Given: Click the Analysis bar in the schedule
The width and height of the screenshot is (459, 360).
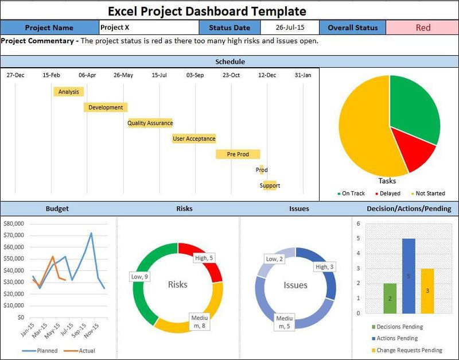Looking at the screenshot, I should click(68, 92).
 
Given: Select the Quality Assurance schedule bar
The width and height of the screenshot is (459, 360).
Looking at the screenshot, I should click(150, 123).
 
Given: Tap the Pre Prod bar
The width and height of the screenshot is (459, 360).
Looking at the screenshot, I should click(238, 154).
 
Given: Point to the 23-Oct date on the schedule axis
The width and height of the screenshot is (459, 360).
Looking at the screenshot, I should click(231, 75).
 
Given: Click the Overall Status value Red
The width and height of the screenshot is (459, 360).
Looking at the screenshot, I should click(422, 28).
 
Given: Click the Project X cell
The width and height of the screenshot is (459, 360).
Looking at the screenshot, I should click(148, 28).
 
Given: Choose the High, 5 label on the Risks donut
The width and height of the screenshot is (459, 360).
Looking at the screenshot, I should click(204, 258).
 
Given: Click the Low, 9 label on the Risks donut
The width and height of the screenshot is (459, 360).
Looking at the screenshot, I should click(139, 277).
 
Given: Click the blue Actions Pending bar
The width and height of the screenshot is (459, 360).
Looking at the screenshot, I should click(409, 276).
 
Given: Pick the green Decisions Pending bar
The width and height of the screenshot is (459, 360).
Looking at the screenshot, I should click(390, 299).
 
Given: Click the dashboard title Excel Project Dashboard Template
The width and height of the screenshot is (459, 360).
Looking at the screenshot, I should click(207, 10).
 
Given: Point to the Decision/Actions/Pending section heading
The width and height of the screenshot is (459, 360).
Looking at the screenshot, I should click(409, 209).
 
